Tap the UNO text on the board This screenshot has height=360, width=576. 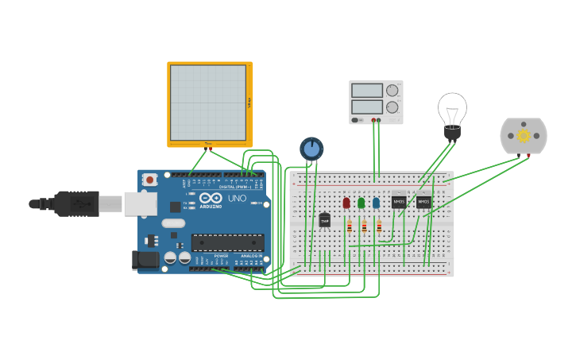point(238,198)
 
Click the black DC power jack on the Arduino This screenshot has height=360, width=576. point(145,259)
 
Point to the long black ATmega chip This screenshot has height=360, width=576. point(227,242)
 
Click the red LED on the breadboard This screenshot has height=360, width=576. point(346,203)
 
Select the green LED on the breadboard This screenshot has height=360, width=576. point(361,203)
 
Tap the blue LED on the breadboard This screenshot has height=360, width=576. point(376,203)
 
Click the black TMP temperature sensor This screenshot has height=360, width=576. point(324,219)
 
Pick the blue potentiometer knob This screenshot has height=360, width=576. point(311,148)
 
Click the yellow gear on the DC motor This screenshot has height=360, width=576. point(524,136)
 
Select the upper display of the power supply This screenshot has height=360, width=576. point(367,91)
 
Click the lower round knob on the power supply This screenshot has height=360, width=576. point(392,106)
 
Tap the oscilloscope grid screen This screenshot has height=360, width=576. point(208,102)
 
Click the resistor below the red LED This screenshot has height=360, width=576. point(350,227)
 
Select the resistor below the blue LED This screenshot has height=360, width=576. point(379,227)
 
